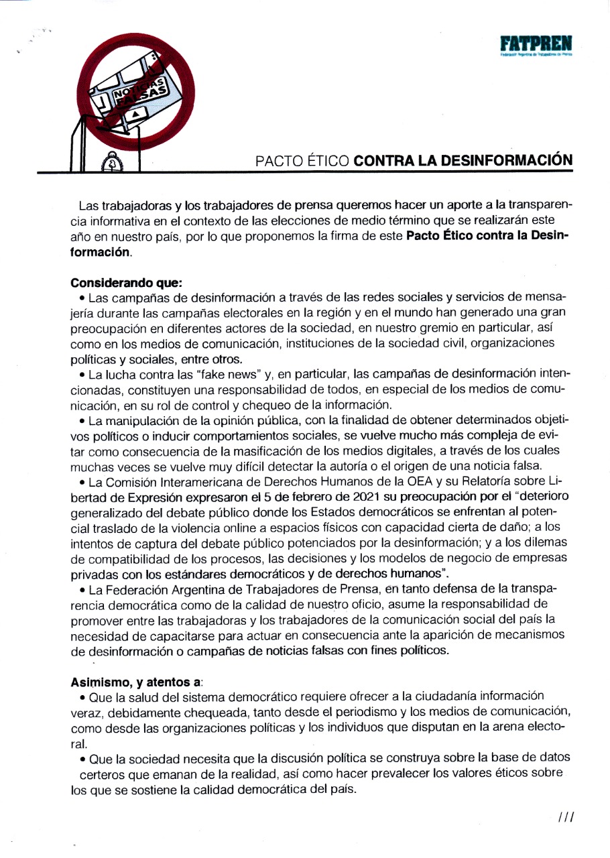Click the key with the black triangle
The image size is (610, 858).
pyautogui.click(x=136, y=115)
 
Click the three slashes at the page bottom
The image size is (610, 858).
pyautogui.click(x=566, y=816)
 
